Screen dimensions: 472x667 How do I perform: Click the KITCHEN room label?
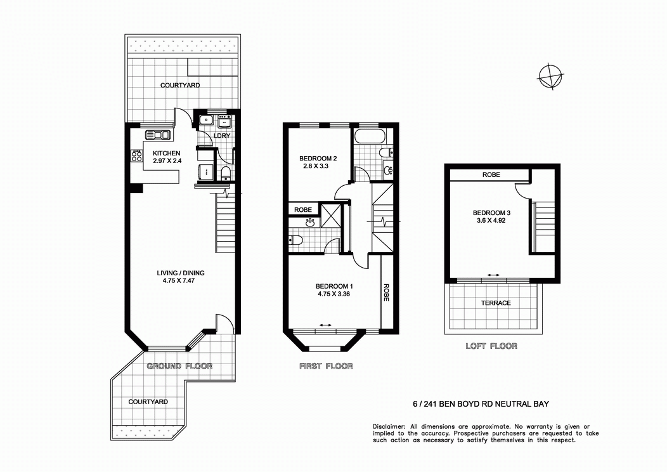(x=167, y=153)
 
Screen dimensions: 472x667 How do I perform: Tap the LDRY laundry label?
(x=222, y=136)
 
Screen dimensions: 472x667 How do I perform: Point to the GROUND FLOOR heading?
(x=179, y=366)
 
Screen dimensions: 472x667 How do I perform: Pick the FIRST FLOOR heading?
(x=325, y=366)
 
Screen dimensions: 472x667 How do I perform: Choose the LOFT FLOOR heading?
(x=491, y=346)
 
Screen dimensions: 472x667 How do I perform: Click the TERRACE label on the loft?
(x=496, y=303)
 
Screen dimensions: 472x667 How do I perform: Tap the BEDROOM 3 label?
(x=491, y=213)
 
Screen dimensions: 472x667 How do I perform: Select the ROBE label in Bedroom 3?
(x=491, y=174)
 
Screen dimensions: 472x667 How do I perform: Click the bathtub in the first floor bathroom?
(x=368, y=136)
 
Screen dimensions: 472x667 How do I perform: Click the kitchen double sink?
(x=158, y=134)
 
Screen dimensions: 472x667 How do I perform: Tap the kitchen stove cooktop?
(x=136, y=155)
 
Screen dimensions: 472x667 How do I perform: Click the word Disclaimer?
(x=388, y=426)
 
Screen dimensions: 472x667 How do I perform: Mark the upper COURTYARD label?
(x=180, y=85)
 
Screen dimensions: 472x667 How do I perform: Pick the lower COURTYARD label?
(x=148, y=402)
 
